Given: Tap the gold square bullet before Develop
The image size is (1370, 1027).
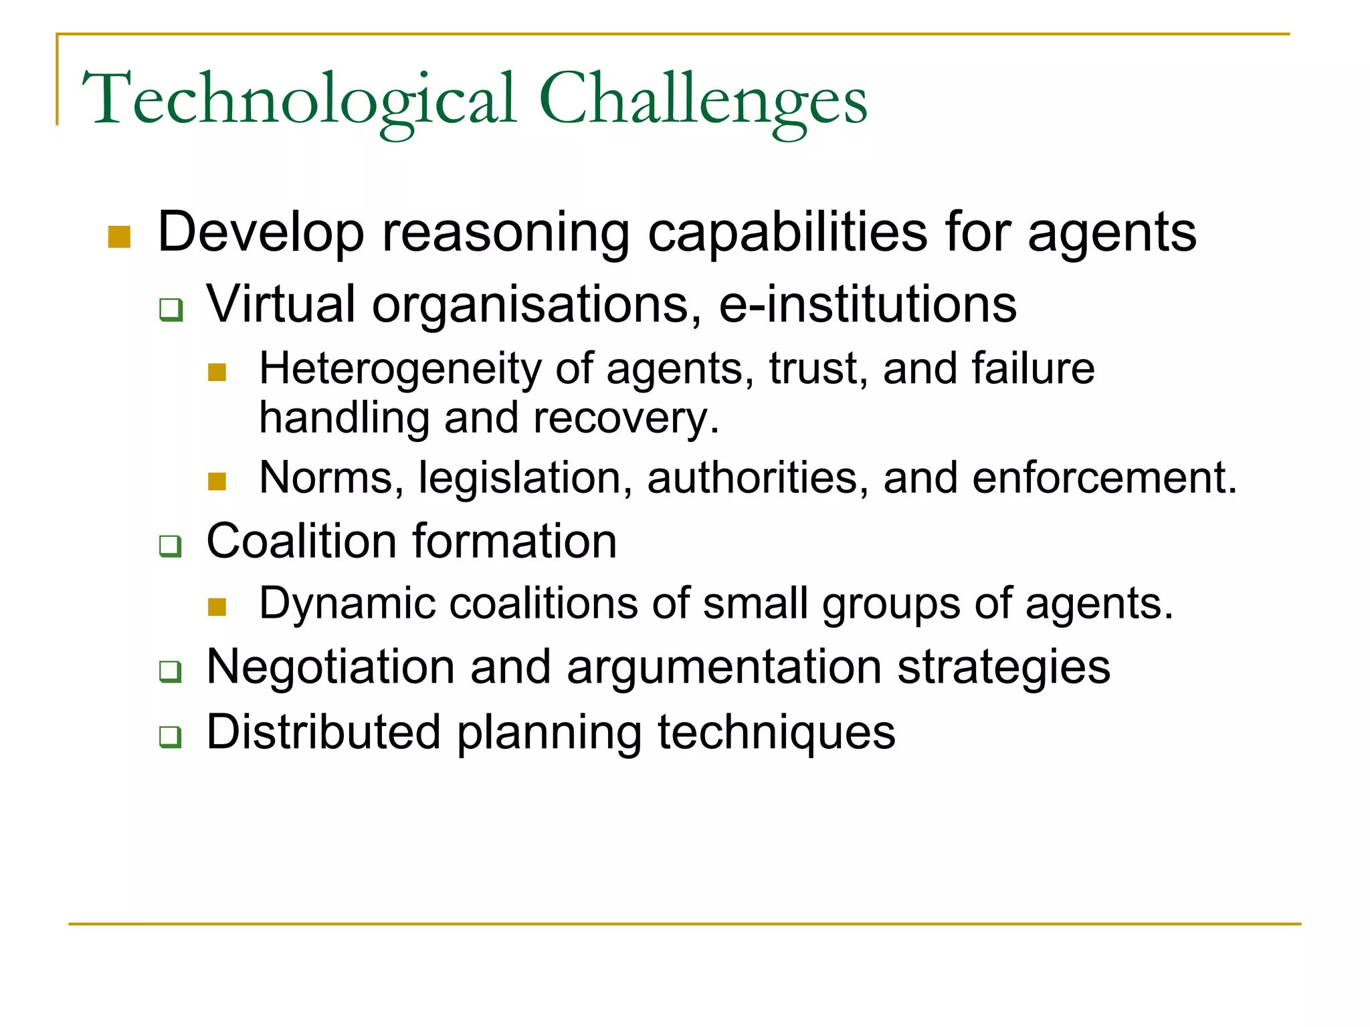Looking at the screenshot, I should click(x=119, y=237).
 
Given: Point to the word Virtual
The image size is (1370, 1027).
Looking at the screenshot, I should click(x=280, y=304).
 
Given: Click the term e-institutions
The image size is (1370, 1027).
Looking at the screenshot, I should click(x=868, y=304).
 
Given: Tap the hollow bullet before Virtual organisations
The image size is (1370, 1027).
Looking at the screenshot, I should click(x=171, y=310).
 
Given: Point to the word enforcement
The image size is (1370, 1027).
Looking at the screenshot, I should click(x=1104, y=478).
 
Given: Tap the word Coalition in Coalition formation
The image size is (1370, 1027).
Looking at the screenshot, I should click(x=302, y=541).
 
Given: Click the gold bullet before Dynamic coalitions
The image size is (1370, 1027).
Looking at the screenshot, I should click(x=217, y=607).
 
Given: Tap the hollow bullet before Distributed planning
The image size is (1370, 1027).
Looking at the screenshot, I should click(x=171, y=737).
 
